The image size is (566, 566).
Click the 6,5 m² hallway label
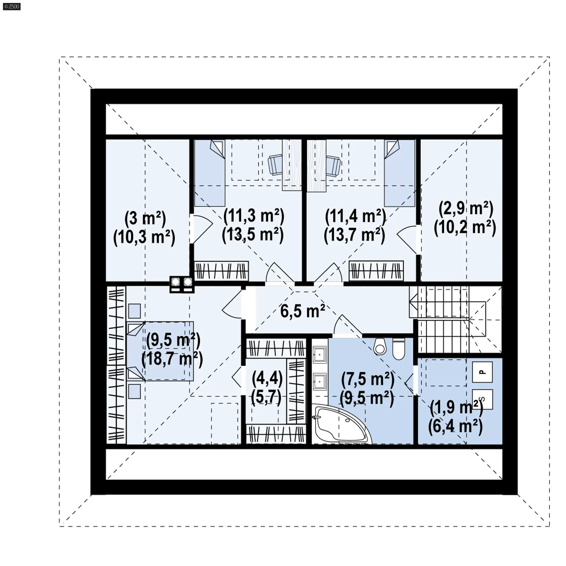pyautogui.click(x=302, y=311)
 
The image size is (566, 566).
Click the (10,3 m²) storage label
pyautogui.click(x=144, y=237)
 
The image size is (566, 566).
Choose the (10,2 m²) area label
pyautogui.click(x=465, y=228)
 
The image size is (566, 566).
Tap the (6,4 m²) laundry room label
pyautogui.click(x=455, y=427)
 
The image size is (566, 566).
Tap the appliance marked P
pyautogui.click(x=482, y=372)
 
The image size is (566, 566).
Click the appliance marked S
pyautogui.click(x=482, y=399)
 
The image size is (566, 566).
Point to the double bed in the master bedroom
pyautogui.click(x=160, y=351)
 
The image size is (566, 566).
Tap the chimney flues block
pyautogui.click(x=182, y=284)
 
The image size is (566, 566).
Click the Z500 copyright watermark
pyautogui.click(x=11, y=6)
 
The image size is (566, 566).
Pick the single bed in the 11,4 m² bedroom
pyautogui.click(x=399, y=173)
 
